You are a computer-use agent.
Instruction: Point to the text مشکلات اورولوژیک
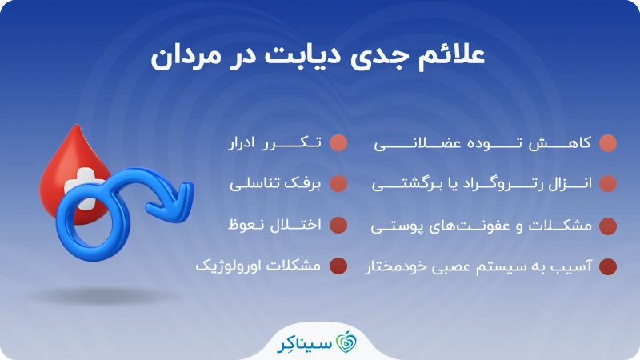[258, 266]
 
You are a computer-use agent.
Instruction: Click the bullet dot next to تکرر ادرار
[338, 143]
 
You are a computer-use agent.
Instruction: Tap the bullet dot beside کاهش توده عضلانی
[608, 143]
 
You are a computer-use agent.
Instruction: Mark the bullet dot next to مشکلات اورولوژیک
[338, 266]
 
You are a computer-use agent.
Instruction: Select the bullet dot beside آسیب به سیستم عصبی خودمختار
[608, 266]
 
